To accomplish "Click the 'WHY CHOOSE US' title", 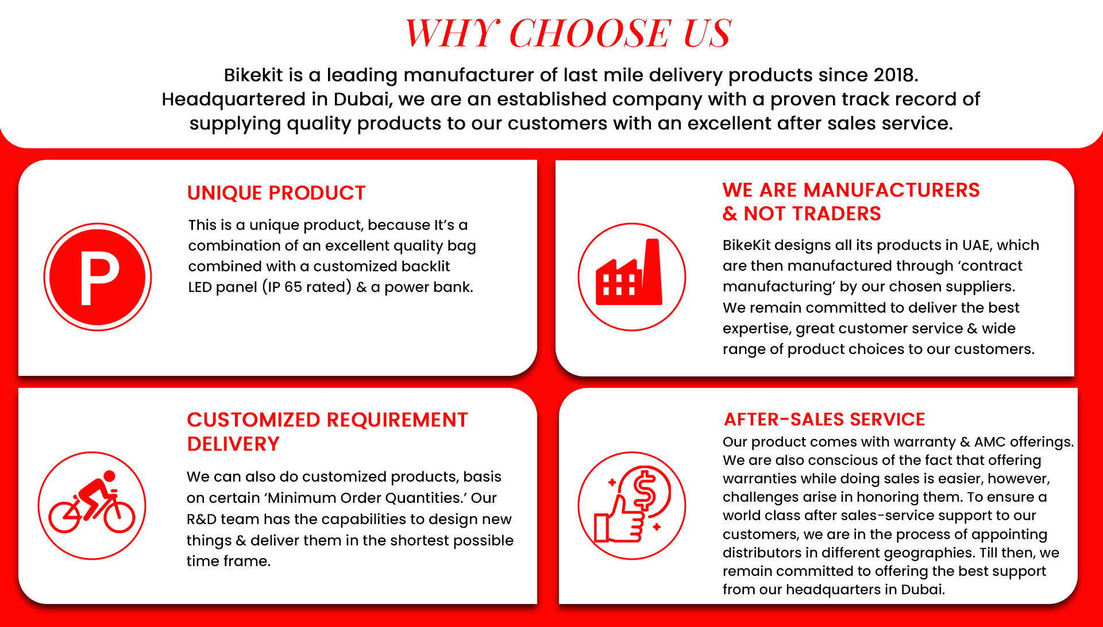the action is [568, 33].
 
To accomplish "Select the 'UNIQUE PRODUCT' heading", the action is [276, 193].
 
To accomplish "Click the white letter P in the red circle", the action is [99, 278].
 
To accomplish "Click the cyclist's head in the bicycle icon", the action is [109, 476].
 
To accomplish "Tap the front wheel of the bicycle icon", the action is [119, 516].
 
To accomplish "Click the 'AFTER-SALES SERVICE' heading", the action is [824, 420].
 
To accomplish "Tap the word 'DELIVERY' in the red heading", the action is [233, 444].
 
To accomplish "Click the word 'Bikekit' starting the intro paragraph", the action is [253, 75].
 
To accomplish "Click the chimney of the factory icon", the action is [653, 270].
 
